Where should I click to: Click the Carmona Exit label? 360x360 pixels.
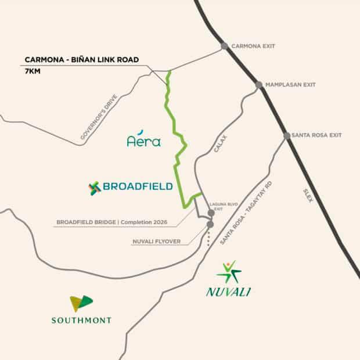tap(253, 46)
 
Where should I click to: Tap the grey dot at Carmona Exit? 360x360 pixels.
tap(224, 46)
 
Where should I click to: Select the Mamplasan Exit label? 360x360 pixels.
tap(290, 85)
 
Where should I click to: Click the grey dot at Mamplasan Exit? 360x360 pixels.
tap(259, 85)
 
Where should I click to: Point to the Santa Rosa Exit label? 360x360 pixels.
tap(318, 135)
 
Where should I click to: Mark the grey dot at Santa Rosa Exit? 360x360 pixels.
tap(287, 136)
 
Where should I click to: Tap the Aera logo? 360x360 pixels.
tap(143, 140)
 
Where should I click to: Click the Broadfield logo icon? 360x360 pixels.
tap(95, 188)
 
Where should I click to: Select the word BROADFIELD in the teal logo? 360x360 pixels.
tap(138, 187)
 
